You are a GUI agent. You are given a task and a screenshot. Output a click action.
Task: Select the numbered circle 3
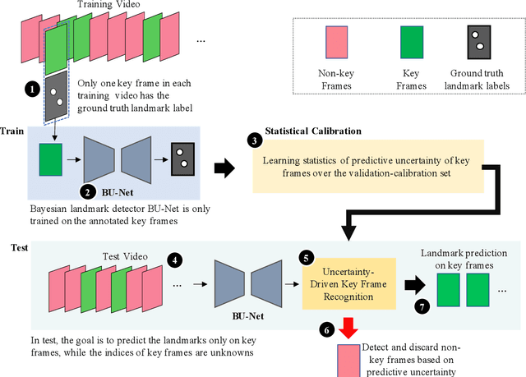coord(254,140)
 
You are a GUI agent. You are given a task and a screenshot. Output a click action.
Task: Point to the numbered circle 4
coord(175,260)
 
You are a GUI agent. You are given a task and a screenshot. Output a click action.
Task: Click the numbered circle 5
coord(308,257)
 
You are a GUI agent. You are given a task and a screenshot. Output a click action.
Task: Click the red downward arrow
coord(348,328)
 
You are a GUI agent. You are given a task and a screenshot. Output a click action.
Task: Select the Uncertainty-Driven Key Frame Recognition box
coord(348,283)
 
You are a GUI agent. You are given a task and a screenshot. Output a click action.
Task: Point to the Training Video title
coord(108,6)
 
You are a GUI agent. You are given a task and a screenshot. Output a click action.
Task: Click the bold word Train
coord(12,131)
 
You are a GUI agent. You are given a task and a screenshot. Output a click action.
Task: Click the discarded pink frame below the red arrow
coord(349,360)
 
